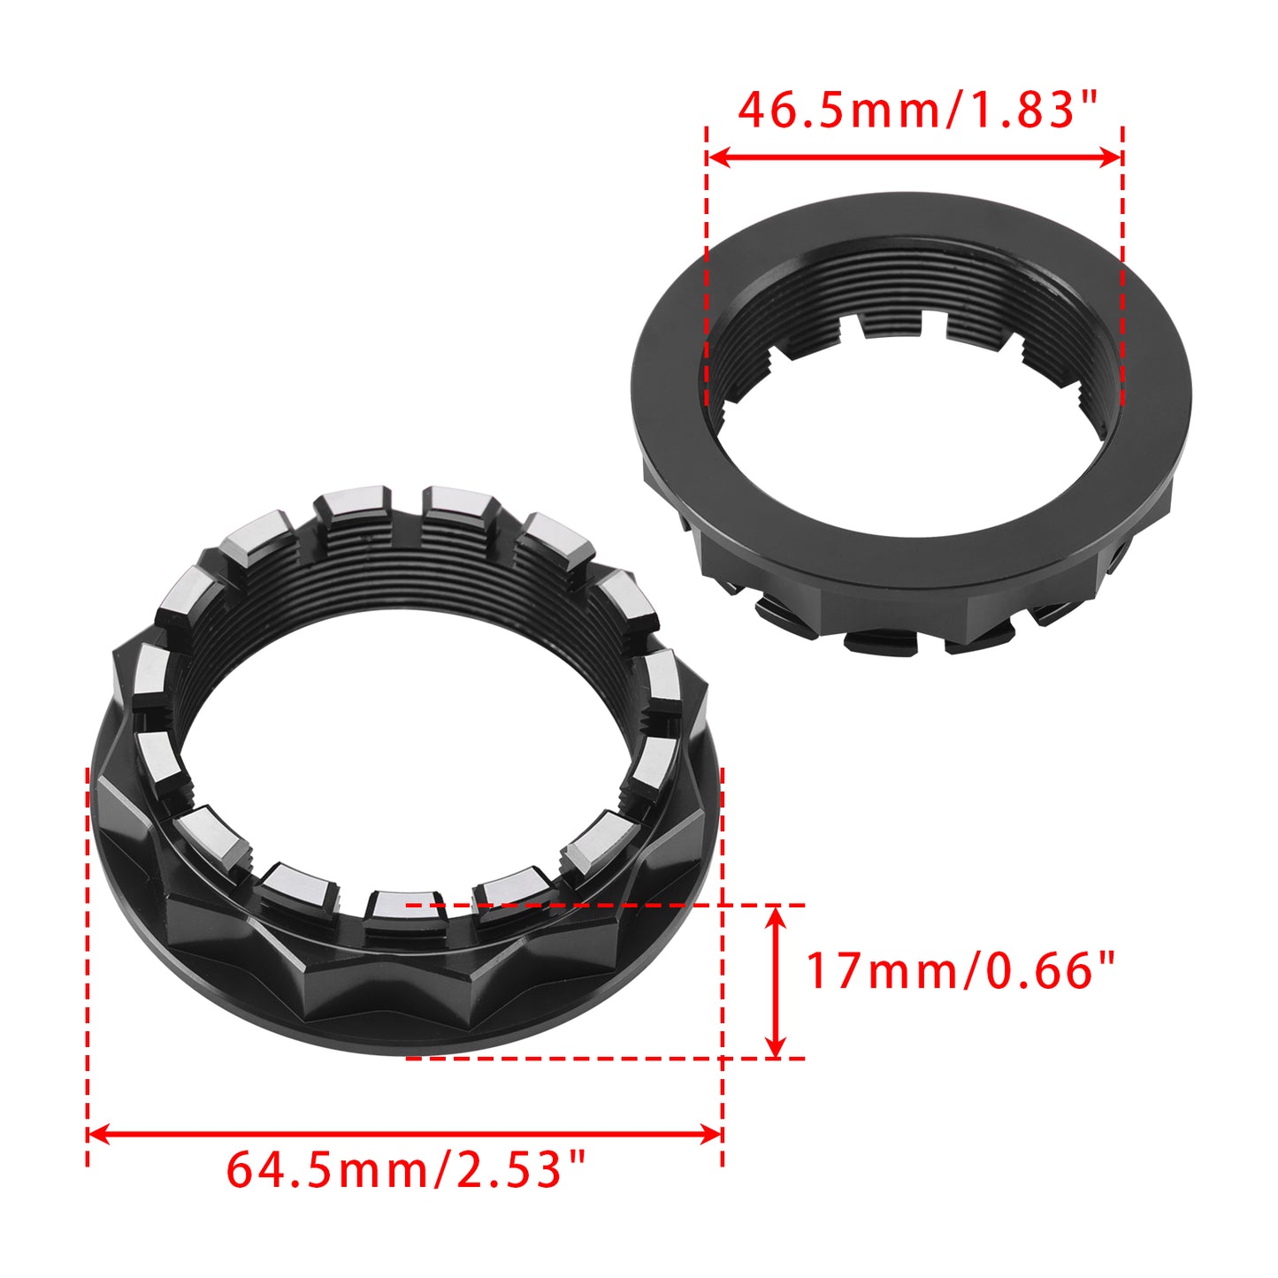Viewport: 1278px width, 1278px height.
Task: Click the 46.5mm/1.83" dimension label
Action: coord(917,111)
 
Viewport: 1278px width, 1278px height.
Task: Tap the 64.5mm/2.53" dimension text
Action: coord(406,1169)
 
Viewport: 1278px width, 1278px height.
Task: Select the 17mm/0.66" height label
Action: coord(960,970)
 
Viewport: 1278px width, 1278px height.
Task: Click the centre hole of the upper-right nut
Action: coord(911,451)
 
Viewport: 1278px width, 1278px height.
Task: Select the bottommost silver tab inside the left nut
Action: coord(395,904)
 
